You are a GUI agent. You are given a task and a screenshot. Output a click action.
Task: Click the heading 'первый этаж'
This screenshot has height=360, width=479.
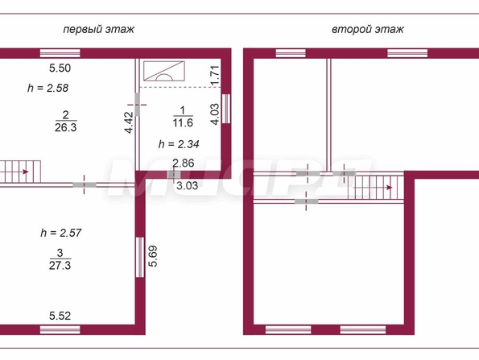click(x=99, y=29)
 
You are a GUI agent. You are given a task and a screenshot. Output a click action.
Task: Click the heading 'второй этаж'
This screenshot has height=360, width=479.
click(x=368, y=29)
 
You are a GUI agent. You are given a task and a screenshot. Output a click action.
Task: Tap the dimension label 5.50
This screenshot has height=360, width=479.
click(x=60, y=68)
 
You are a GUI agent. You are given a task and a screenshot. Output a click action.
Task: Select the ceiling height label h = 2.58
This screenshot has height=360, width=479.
click(x=48, y=88)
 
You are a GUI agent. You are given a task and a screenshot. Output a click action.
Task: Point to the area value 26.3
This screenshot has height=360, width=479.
click(x=66, y=127)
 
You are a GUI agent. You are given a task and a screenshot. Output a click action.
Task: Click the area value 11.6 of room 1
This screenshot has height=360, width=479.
click(x=183, y=122)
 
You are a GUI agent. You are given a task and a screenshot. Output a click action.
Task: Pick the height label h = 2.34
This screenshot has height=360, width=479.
click(x=179, y=144)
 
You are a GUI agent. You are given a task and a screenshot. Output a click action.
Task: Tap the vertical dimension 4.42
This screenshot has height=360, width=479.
click(x=130, y=123)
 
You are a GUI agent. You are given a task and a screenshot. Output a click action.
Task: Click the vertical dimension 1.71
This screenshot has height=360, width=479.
click(x=215, y=76)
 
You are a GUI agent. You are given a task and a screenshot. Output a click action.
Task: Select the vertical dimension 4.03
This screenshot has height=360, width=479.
click(x=215, y=114)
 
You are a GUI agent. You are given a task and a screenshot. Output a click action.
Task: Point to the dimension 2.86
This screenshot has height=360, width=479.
click(x=184, y=163)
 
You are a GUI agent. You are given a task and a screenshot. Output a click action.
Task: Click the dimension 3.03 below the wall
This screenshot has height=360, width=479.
click(x=188, y=185)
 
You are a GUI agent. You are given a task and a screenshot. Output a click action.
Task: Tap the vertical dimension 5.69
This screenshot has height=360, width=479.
click(x=153, y=256)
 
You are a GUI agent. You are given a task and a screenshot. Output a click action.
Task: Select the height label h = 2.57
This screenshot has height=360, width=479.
click(x=61, y=233)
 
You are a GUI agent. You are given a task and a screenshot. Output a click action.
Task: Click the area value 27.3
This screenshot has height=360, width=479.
click(x=60, y=265)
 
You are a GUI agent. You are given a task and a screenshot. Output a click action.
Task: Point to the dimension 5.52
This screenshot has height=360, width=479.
click(x=60, y=316)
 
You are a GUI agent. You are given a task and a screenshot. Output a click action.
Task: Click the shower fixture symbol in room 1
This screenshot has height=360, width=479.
click(x=164, y=71)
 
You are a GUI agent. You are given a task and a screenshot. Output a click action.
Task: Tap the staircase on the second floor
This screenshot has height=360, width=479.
click(x=376, y=187)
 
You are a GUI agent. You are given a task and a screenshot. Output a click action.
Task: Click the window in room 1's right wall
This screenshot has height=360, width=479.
click(x=225, y=109)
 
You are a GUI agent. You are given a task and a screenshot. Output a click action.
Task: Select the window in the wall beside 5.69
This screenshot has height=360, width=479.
click(x=140, y=258)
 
